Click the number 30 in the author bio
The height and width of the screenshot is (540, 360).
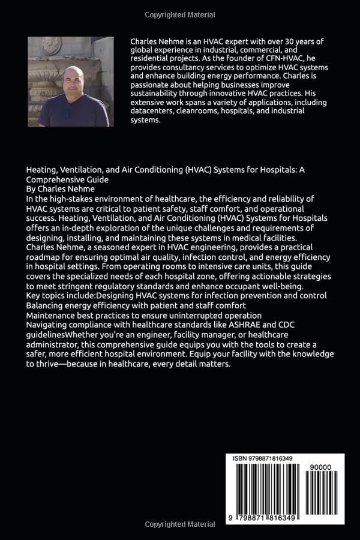(x=308, y=41)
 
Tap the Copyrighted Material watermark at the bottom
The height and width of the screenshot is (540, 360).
(x=179, y=524)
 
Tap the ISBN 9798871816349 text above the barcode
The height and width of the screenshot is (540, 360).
(x=263, y=459)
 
